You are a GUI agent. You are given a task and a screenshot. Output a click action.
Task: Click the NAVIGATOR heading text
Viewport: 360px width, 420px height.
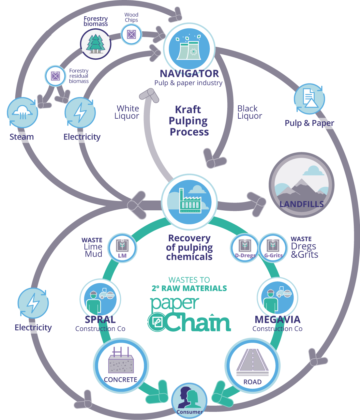[189, 74]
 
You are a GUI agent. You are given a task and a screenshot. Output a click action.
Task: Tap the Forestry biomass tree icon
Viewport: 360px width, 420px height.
[96, 44]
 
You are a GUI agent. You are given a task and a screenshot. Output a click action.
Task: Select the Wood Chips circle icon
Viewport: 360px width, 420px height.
[131, 34]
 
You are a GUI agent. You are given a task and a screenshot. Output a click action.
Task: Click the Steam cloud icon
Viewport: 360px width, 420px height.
[22, 113]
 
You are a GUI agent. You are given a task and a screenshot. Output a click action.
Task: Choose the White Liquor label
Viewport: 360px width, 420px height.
[127, 112]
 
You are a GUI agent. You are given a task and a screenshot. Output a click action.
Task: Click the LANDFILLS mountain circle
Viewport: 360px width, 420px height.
[301, 185]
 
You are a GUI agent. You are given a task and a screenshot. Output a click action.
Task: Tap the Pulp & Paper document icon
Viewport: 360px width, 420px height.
[309, 99]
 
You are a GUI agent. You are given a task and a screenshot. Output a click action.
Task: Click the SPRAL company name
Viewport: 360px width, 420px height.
[100, 320]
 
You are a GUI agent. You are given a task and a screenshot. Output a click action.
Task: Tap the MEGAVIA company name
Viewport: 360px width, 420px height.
[277, 320]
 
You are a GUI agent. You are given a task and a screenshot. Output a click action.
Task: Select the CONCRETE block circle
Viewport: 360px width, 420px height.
[121, 366]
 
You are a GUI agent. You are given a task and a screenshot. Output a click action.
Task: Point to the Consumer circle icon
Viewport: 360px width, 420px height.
[189, 401]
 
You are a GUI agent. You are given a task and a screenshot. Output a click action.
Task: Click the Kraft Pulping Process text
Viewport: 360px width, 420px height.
[189, 121]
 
